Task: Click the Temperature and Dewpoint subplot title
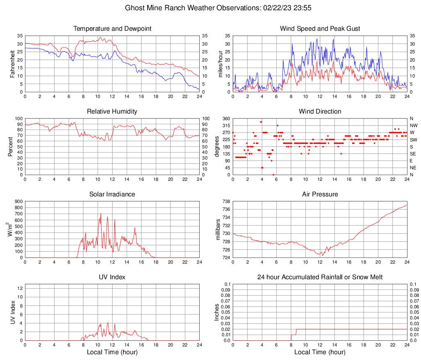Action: pos(112,29)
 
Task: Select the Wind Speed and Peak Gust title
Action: pos(320,29)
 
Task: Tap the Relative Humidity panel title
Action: pos(112,112)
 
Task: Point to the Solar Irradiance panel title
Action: pos(112,194)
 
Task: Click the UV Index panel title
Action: pos(112,277)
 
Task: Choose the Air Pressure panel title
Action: pos(320,194)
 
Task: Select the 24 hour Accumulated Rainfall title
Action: pos(320,277)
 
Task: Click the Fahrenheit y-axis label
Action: pos(12,64)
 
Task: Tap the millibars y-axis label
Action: pos(218,230)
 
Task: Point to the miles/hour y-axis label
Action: pos(220,64)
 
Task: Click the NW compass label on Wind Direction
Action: pos(413,125)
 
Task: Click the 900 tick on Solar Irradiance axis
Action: pos(18,202)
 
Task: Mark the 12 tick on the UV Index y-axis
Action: pos(20,288)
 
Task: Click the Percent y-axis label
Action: pos(11,147)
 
